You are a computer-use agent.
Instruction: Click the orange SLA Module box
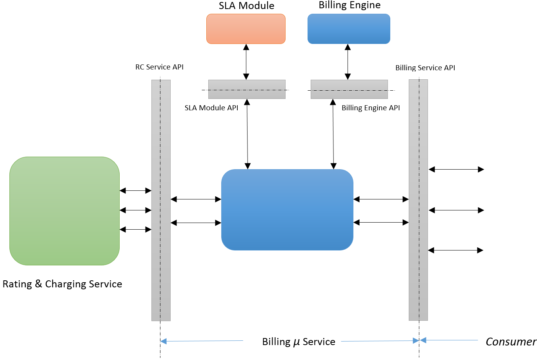[246, 29]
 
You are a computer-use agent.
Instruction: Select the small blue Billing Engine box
[349, 29]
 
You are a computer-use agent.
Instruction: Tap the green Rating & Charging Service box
[64, 211]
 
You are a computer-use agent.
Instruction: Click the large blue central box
[287, 210]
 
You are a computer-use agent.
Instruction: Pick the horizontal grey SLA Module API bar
[247, 89]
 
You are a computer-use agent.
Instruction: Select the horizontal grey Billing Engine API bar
[349, 89]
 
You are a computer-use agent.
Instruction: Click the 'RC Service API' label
[159, 67]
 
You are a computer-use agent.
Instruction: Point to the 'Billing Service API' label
[425, 68]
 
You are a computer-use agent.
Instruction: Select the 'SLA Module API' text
[211, 108]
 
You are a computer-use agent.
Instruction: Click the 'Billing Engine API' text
[371, 108]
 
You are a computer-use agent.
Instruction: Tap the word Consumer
[511, 342]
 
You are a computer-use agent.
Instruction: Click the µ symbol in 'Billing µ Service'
[297, 342]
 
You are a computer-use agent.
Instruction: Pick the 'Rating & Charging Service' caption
[62, 284]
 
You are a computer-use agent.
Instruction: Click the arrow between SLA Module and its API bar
[246, 62]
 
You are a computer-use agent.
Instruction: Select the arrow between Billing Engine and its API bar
[348, 62]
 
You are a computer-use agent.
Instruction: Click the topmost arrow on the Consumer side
[456, 169]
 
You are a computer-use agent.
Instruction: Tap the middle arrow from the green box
[135, 210]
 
